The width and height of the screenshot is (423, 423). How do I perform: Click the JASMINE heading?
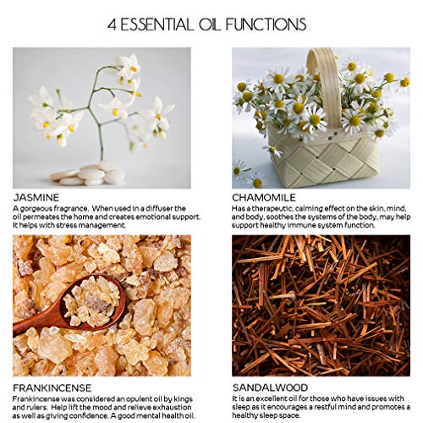pyautogui.click(x=36, y=197)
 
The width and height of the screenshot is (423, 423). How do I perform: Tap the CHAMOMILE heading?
pyautogui.click(x=264, y=197)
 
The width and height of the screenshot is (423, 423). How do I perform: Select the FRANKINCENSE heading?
pyautogui.click(x=52, y=388)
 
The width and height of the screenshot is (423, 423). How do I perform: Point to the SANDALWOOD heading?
pyautogui.click(x=270, y=387)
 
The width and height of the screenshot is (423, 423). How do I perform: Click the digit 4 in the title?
pyautogui.click(x=112, y=25)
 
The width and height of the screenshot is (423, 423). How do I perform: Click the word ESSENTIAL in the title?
pyautogui.click(x=157, y=25)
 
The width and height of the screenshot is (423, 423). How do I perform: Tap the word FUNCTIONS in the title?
pyautogui.click(x=266, y=25)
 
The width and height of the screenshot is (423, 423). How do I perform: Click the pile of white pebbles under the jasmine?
pyautogui.click(x=87, y=174)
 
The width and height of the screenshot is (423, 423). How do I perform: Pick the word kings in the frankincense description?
pyautogui.click(x=183, y=399)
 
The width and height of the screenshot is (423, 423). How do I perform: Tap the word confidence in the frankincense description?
pyautogui.click(x=88, y=416)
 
